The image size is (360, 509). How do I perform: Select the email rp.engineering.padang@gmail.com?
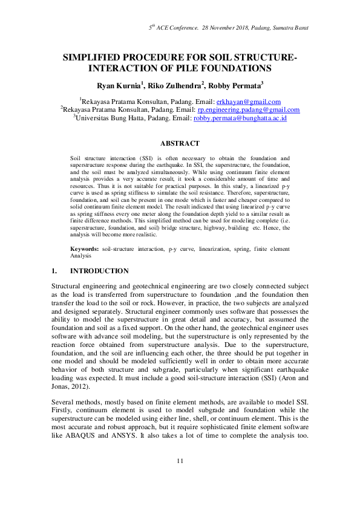tap(249, 110)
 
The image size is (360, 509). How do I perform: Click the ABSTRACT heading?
tap(179, 143)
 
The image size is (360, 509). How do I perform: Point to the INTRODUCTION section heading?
tap(99, 271)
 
